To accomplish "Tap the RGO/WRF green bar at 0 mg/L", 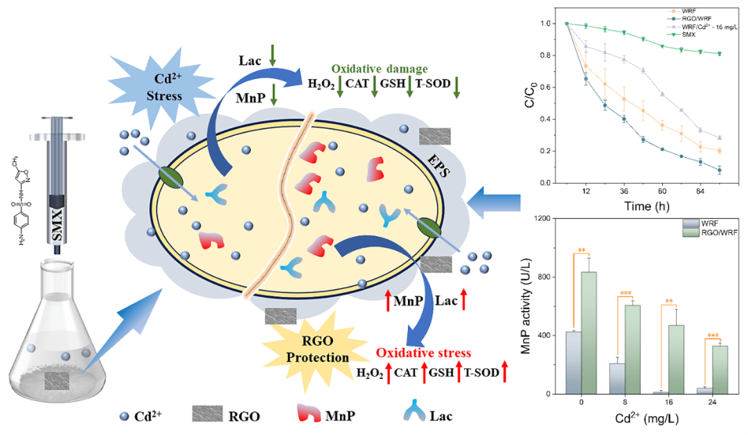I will point(589,332).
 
